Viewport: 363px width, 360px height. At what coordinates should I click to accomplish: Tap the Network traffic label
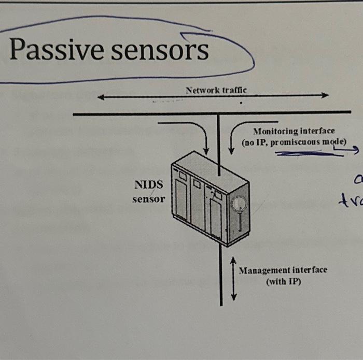pos(216,90)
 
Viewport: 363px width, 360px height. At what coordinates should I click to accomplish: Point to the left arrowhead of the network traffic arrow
pos(100,97)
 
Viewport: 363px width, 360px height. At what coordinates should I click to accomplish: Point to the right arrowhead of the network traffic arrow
pos(326,95)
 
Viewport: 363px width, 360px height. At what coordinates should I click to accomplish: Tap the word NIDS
pos(148,185)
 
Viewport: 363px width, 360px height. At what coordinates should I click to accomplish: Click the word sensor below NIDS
pos(148,199)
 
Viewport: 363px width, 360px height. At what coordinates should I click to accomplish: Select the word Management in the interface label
pos(264,270)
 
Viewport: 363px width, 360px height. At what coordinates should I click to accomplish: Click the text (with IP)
pos(283,282)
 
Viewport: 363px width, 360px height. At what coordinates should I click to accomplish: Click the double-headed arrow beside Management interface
pos(234,278)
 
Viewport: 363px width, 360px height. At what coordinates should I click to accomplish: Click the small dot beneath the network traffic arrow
pos(241,103)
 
